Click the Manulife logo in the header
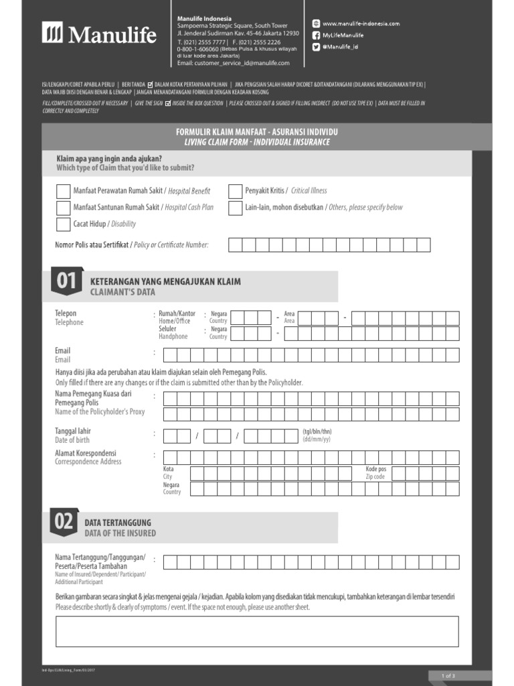click(x=99, y=33)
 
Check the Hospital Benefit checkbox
click(x=63, y=192)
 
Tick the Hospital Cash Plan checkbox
click(x=63, y=208)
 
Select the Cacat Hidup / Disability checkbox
click(x=63, y=224)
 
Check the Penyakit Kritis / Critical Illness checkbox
click(x=235, y=192)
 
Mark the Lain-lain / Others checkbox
click(x=235, y=208)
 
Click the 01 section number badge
click(x=65, y=282)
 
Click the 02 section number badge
click(x=65, y=523)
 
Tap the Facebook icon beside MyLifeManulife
click(x=316, y=36)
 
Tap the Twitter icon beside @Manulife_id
click(x=316, y=48)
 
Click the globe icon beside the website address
click(x=316, y=23)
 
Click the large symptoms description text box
click(x=257, y=631)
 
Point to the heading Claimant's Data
click(x=122, y=293)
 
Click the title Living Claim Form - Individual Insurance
click(x=257, y=142)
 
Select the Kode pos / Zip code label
click(x=375, y=473)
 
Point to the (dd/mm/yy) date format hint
click(x=317, y=439)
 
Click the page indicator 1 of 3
click(x=448, y=675)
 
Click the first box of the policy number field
click(x=236, y=245)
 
